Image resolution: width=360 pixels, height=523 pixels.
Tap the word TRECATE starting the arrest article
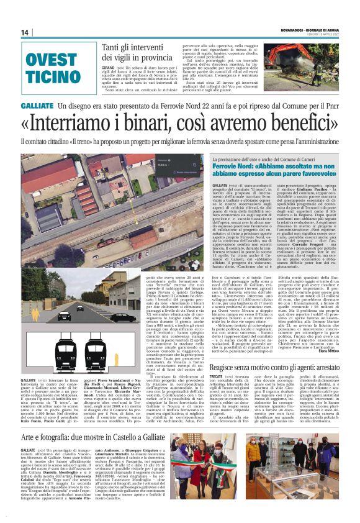coord(220,361)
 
